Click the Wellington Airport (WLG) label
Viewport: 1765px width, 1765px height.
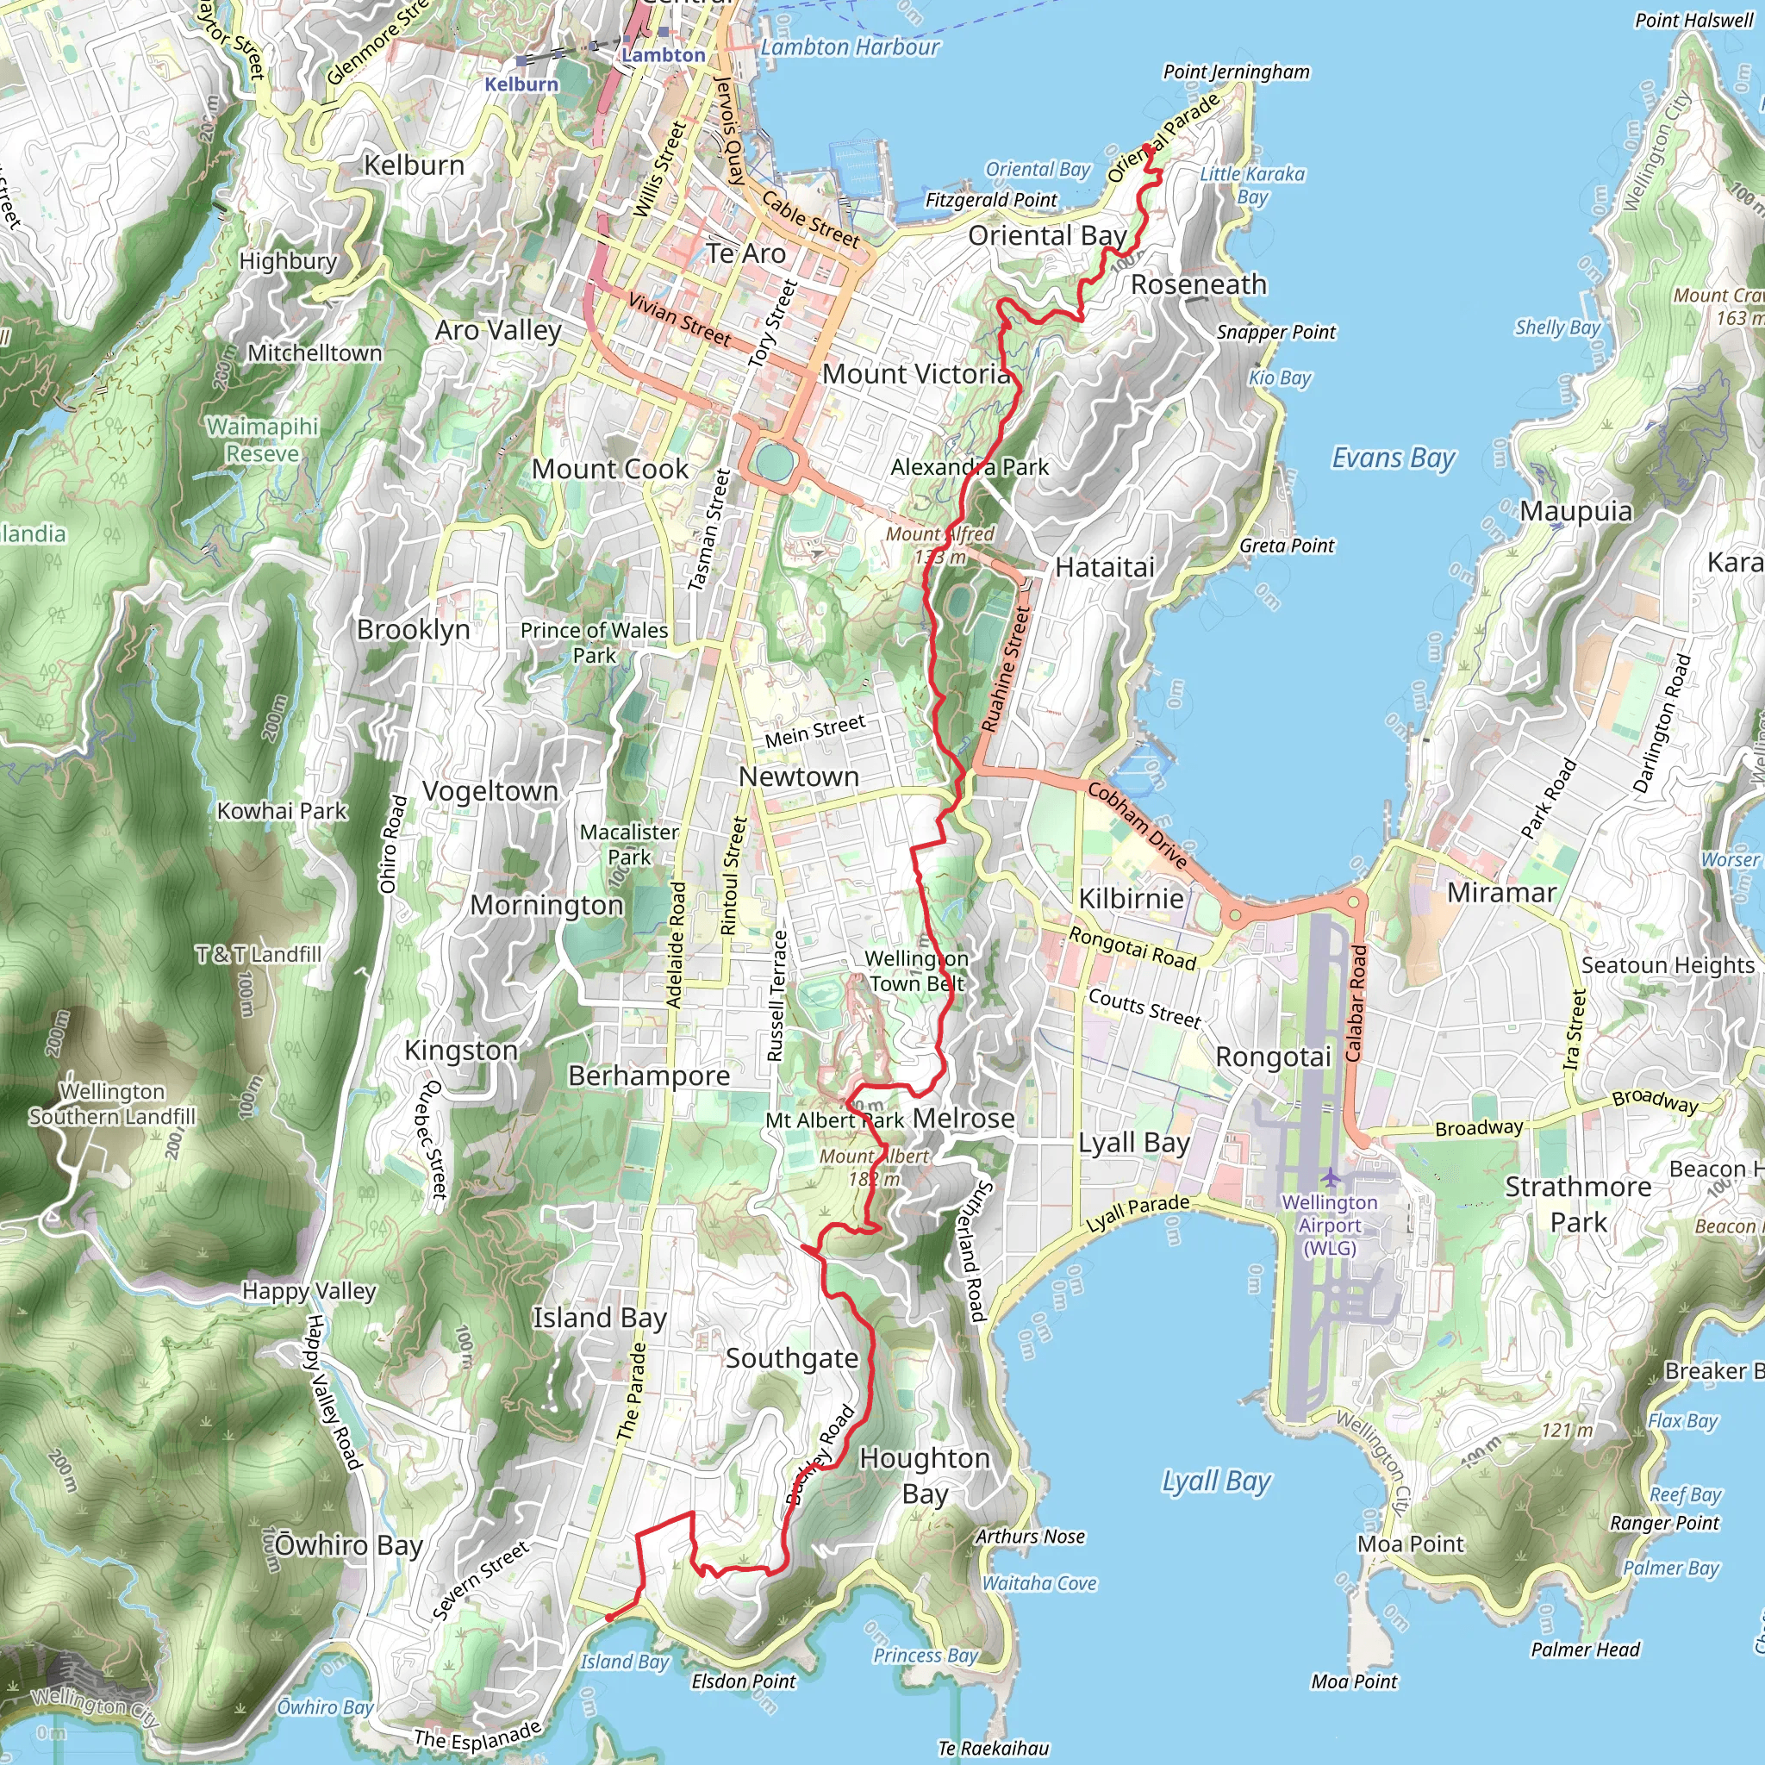click(1329, 1226)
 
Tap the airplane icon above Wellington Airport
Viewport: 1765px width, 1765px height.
click(1330, 1177)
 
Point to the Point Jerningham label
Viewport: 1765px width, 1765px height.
click(1235, 72)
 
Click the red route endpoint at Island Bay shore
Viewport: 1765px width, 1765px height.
click(609, 1618)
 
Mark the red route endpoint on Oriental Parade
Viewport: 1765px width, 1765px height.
click(1147, 148)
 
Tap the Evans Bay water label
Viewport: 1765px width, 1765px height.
click(1393, 458)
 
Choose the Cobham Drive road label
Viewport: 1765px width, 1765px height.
click(1138, 826)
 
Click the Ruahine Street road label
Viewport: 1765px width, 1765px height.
click(1005, 670)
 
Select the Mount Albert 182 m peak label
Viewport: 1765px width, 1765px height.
click(873, 1168)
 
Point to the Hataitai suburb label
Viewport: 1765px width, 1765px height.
click(1105, 567)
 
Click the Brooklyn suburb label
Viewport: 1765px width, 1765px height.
click(413, 629)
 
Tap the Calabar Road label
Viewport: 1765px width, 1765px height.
click(1356, 1003)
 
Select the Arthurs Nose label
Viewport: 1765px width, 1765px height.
click(1030, 1537)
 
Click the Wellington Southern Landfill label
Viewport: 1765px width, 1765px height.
click(111, 1104)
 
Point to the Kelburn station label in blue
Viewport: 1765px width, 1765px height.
click(521, 84)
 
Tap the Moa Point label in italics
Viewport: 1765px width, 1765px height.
click(1354, 1681)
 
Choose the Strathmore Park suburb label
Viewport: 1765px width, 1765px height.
click(1578, 1204)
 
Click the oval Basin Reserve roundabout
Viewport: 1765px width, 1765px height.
click(774, 461)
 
